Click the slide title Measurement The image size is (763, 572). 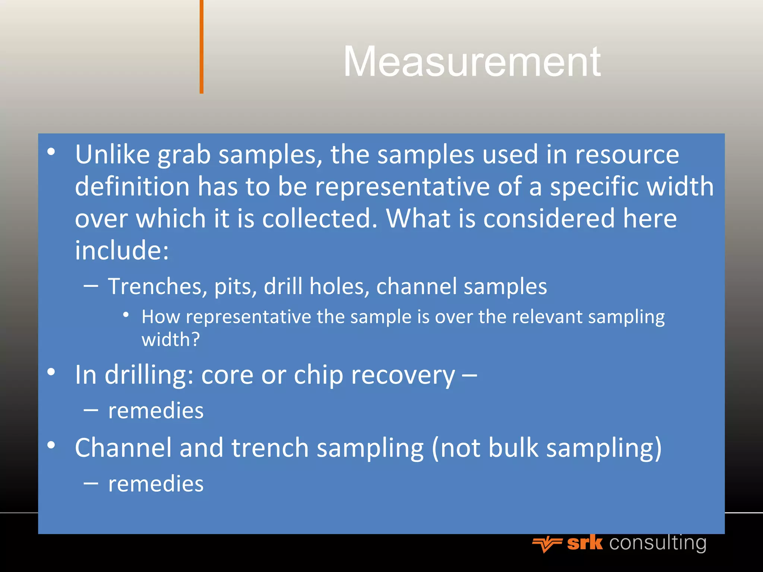pyautogui.click(x=472, y=62)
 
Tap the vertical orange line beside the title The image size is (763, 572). pyautogui.click(x=201, y=47)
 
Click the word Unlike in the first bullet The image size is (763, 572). pyautogui.click(x=112, y=154)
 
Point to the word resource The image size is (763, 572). pyautogui.click(x=627, y=155)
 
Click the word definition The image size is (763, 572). pyautogui.click(x=132, y=186)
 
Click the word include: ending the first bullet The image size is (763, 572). pyautogui.click(x=122, y=250)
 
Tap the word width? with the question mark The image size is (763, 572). pyautogui.click(x=171, y=340)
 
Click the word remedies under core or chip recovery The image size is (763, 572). pyautogui.click(x=156, y=411)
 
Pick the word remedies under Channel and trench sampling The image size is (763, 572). pyautogui.click(x=156, y=484)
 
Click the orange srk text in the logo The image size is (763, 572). pyautogui.click(x=585, y=543)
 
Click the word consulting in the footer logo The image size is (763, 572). pyautogui.click(x=658, y=543)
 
